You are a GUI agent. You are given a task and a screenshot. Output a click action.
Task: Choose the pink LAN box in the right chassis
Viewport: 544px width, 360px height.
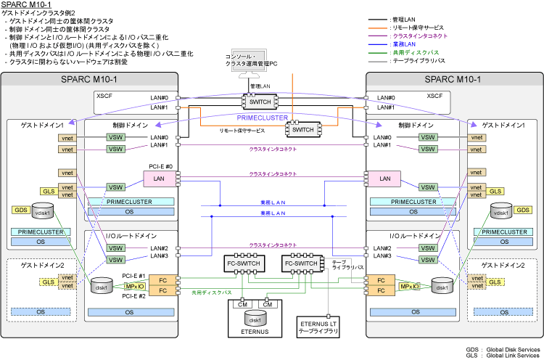[384, 178]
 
